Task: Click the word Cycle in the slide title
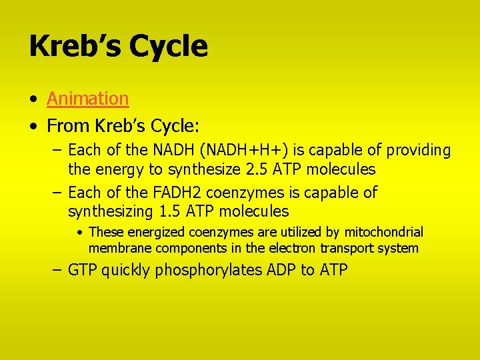(169, 47)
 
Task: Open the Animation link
(87, 99)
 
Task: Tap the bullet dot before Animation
(33, 100)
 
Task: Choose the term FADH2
(163, 193)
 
